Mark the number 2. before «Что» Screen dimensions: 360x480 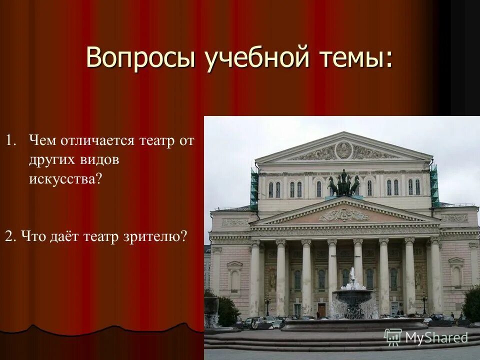(x=9, y=236)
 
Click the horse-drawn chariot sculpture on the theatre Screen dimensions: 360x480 (x=343, y=184)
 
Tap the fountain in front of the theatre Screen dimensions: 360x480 (x=354, y=297)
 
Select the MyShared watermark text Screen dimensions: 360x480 (x=436, y=337)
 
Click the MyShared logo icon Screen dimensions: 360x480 (x=393, y=337)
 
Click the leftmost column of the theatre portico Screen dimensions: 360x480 (x=255, y=277)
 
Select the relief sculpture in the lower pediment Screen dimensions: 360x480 (x=344, y=215)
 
